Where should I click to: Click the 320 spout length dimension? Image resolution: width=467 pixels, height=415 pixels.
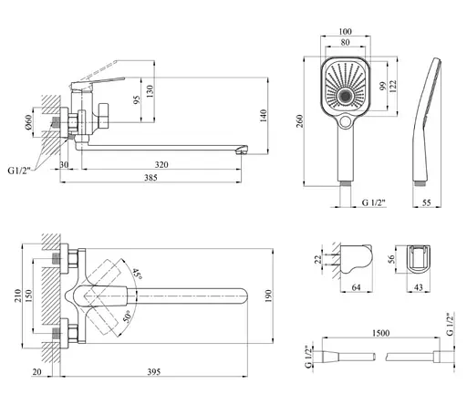(x=161, y=165)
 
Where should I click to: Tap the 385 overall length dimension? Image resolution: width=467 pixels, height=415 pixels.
(x=150, y=178)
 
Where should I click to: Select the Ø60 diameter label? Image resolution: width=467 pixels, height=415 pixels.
(x=28, y=122)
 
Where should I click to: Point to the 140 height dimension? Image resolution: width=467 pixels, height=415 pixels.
(x=264, y=116)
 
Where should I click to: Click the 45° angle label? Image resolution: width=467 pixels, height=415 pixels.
(x=137, y=274)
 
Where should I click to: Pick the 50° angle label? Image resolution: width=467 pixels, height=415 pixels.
(x=127, y=316)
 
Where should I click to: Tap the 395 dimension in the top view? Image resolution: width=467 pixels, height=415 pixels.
(x=154, y=372)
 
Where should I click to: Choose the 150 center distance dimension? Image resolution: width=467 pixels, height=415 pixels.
(x=28, y=296)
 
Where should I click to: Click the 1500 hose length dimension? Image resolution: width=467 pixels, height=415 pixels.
(x=380, y=333)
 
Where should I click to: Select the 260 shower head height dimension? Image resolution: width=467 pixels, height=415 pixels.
(x=300, y=121)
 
